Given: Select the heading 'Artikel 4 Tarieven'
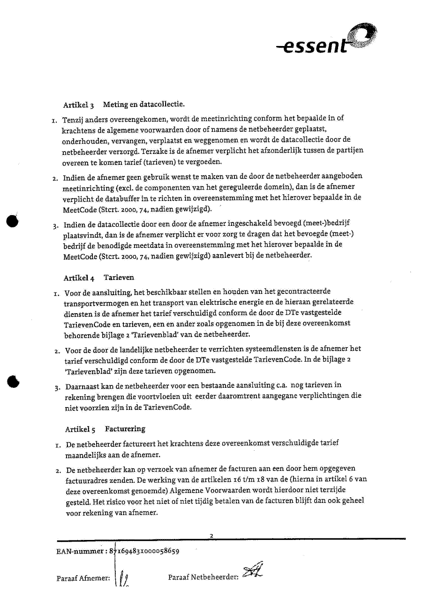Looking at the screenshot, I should [x=98, y=277].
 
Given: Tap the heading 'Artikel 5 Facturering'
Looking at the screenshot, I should [x=105, y=429].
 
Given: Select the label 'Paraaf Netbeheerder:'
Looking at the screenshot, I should [x=203, y=577].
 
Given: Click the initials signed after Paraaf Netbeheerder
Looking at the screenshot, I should [x=253, y=571].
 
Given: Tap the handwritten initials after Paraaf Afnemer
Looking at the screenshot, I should [x=122, y=579].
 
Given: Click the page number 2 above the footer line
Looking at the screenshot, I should [x=212, y=536].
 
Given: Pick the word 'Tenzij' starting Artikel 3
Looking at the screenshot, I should [x=74, y=119].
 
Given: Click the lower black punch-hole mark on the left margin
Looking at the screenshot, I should [x=13, y=381].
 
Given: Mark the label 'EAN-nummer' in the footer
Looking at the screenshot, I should [x=77, y=552].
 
